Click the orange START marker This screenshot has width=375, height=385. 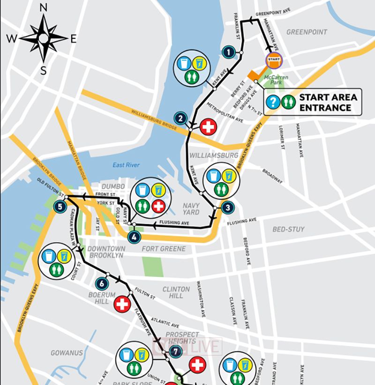pyautogui.click(x=274, y=59)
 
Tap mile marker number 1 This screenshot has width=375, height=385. pyautogui.click(x=229, y=52)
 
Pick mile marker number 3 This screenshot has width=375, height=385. pyautogui.click(x=226, y=208)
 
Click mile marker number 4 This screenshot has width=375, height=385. pyautogui.click(x=134, y=237)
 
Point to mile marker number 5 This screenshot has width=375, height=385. pyautogui.click(x=60, y=206)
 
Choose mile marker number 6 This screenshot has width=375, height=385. pyautogui.click(x=101, y=283)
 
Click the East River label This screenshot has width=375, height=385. pyautogui.click(x=126, y=165)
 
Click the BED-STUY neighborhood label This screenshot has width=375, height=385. pyautogui.click(x=288, y=229)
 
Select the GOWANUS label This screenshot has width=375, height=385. pyautogui.click(x=67, y=353)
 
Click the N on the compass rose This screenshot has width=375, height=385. pyautogui.click(x=44, y=7)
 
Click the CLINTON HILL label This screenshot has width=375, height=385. pyautogui.click(x=176, y=293)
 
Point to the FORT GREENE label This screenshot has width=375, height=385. pyautogui.click(x=164, y=249)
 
